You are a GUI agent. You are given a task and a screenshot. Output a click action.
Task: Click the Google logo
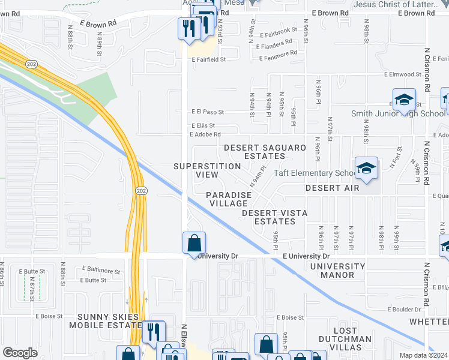tap(20, 352)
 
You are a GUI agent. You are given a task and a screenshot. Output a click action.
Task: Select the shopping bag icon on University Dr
tap(194, 244)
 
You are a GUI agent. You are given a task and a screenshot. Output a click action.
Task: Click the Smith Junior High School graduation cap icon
tap(404, 100)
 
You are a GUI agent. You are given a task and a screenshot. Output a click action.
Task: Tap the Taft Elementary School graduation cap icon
tap(366, 169)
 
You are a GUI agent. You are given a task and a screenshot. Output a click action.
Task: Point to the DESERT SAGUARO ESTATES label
tap(265, 152)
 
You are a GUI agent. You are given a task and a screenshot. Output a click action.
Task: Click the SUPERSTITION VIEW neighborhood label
tap(196, 170)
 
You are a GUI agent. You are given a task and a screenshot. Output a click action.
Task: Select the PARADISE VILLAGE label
tap(229, 199)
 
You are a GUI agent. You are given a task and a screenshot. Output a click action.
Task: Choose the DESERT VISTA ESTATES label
tap(275, 217)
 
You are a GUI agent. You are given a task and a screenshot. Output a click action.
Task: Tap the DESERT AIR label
tap(332, 188)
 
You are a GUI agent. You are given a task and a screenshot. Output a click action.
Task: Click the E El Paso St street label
tap(207, 112)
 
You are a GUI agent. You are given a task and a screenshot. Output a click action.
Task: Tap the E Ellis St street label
tap(203, 125)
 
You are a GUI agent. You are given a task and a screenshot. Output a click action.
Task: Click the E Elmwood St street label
tap(403, 74)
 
